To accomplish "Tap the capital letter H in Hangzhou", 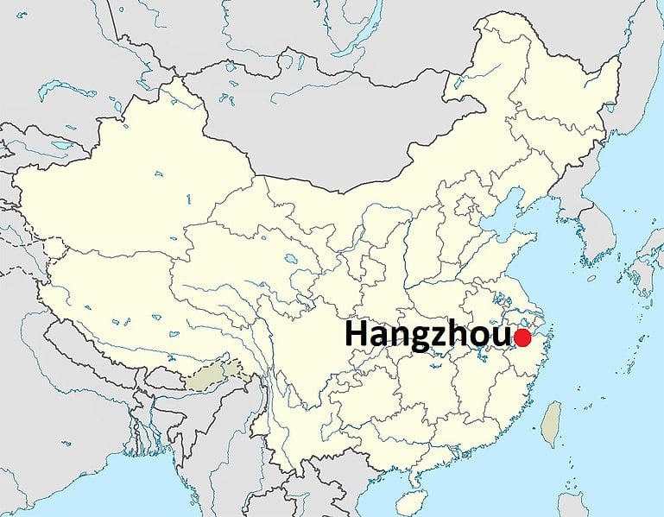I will tap(357, 335).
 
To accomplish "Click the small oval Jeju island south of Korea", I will tap(591, 278).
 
